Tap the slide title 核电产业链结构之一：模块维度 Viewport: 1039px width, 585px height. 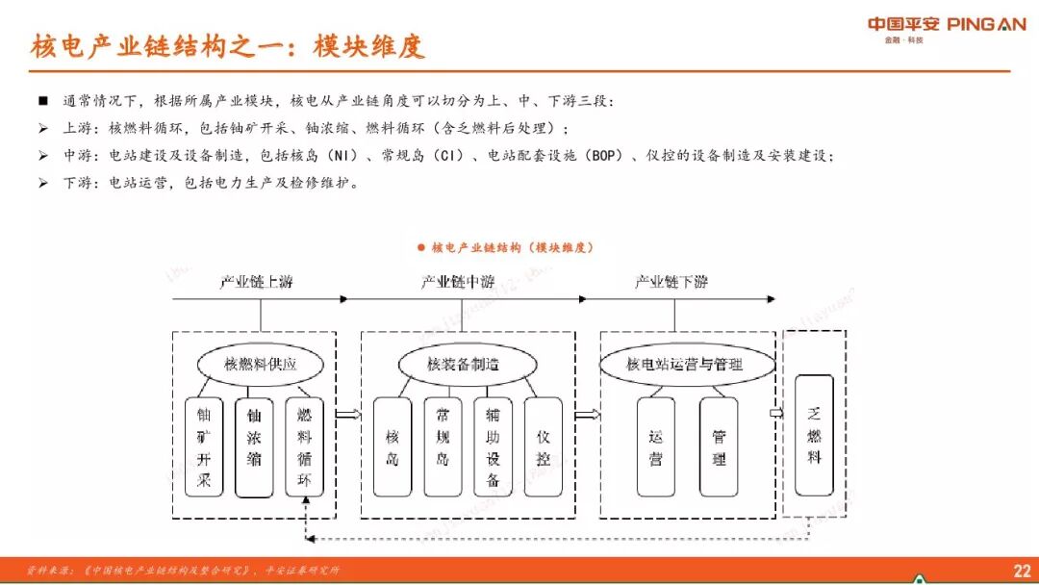point(228,46)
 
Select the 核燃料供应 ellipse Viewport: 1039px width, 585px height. point(260,366)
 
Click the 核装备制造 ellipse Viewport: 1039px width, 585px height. point(464,365)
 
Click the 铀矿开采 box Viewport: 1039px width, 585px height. point(203,447)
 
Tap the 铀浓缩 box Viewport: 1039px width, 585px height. point(254,447)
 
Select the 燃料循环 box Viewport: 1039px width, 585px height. point(305,447)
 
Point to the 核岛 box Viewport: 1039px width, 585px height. point(392,447)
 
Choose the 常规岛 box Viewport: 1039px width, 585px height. point(443,447)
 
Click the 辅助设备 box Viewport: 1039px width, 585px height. point(494,447)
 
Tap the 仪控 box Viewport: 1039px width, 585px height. point(544,447)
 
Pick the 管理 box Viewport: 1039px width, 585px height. point(719,447)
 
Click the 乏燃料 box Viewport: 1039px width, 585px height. point(814,435)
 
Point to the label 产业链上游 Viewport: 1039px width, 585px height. point(256,283)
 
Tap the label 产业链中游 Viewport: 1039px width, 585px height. point(458,283)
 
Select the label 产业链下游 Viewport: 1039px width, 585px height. point(672,283)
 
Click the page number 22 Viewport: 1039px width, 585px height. point(1022,571)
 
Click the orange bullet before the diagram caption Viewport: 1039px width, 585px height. point(420,247)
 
